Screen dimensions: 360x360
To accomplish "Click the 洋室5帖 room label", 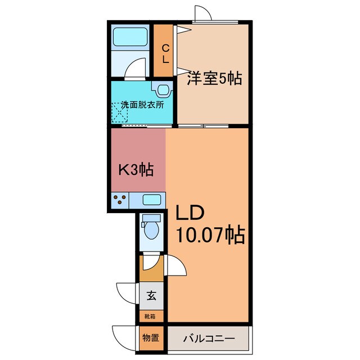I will click(x=214, y=79).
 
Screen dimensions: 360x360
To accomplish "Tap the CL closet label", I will click(x=165, y=53).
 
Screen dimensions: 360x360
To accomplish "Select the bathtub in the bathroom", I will click(x=130, y=38).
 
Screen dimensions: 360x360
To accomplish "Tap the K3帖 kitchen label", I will click(x=136, y=169).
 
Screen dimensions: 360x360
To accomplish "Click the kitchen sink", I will click(x=151, y=200).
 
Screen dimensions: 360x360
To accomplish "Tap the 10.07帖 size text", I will click(x=210, y=235).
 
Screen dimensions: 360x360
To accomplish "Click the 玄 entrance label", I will click(x=151, y=295).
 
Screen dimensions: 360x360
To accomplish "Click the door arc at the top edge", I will click(x=203, y=13).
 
